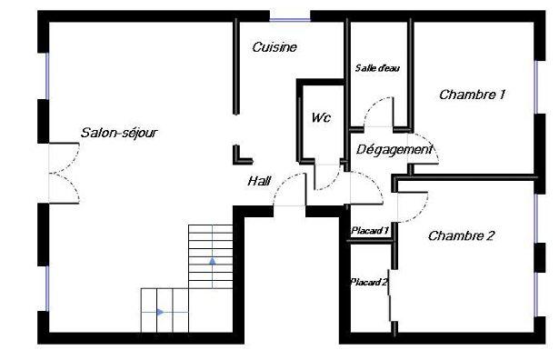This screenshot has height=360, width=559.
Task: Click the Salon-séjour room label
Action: (119, 133)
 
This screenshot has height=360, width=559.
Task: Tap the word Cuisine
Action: (275, 47)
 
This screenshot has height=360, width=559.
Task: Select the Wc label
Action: (320, 118)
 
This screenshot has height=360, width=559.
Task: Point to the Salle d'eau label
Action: (377, 68)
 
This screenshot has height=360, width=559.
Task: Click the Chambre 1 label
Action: (472, 95)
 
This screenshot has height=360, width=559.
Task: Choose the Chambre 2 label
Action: (461, 236)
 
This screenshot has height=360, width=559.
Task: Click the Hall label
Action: (260, 182)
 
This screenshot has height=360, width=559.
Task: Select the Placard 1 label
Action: (370, 231)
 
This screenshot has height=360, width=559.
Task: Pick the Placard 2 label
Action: (369, 283)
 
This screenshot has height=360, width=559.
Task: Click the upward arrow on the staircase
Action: (213, 262)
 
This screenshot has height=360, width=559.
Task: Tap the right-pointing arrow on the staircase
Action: (160, 313)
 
